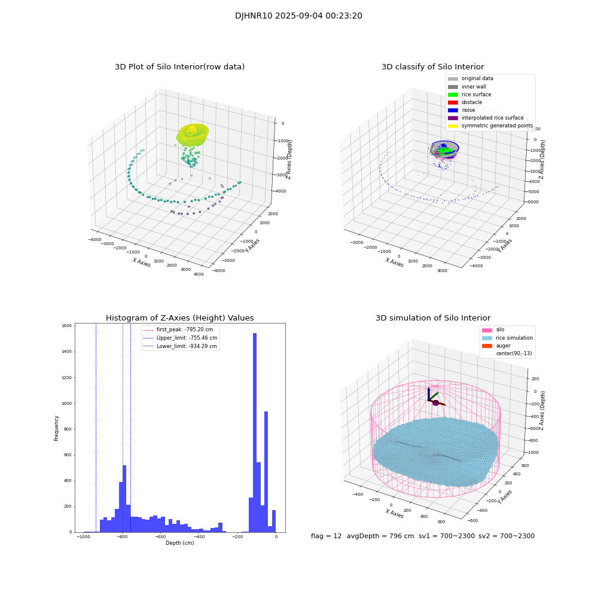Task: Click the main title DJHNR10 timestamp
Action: coord(298,16)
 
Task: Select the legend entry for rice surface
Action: coord(477,94)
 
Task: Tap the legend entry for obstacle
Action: coord(472,102)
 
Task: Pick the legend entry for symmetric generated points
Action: coord(496,126)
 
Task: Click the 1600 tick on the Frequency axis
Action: coord(66,326)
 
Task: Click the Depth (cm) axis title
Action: coord(179,543)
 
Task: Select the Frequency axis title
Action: coord(57,428)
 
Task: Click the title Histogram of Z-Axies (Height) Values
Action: coord(179,318)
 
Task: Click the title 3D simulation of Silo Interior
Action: coord(432,318)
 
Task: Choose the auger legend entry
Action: coord(504,346)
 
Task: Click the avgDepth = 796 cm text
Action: coord(380,536)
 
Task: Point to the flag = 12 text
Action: coord(326,536)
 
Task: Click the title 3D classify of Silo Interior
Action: coord(432,67)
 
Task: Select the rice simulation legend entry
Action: coord(513,338)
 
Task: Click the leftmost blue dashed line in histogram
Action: coord(96,428)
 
